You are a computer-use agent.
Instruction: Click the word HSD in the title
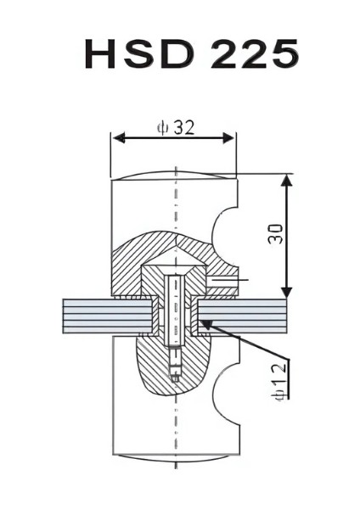click(139, 53)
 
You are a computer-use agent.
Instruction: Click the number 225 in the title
click(255, 53)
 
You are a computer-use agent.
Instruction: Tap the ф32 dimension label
click(177, 127)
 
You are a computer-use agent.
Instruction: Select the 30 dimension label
click(276, 234)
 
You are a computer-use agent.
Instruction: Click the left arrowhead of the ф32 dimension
click(119, 138)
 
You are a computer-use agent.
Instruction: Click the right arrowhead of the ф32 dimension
click(228, 138)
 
